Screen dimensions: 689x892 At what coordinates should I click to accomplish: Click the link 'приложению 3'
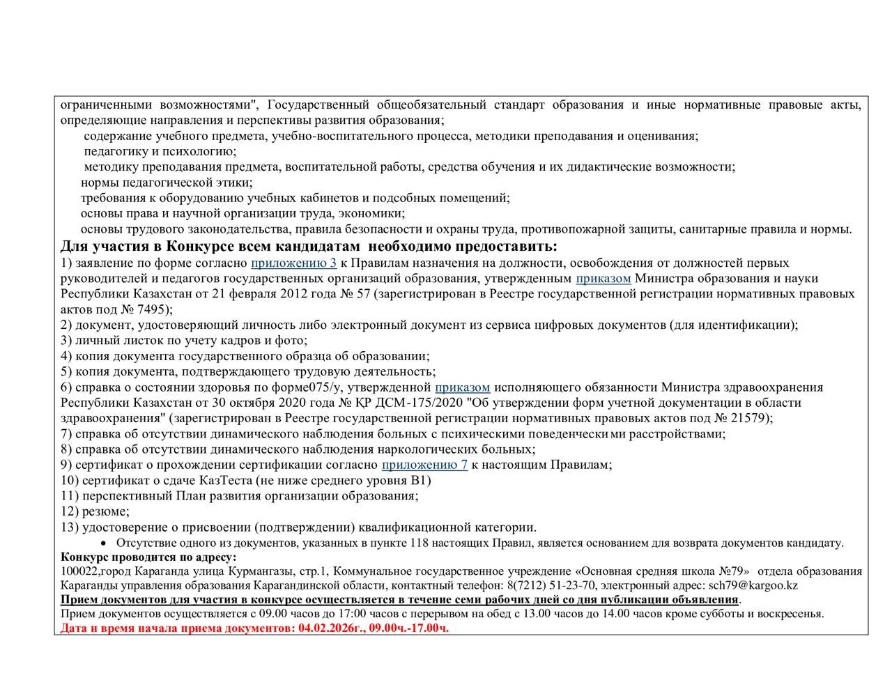pyautogui.click(x=293, y=263)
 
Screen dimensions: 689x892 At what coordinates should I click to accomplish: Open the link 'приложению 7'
pyautogui.click(x=424, y=465)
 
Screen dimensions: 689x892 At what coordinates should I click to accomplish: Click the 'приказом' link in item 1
pyautogui.click(x=603, y=279)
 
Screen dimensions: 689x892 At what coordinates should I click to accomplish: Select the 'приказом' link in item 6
pyautogui.click(x=462, y=387)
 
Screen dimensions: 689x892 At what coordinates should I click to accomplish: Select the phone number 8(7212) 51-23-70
pyautogui.click(x=551, y=585)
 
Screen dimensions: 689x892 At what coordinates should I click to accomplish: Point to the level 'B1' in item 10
pyautogui.click(x=422, y=481)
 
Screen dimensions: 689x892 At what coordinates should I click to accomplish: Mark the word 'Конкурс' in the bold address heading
pyautogui.click(x=84, y=557)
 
